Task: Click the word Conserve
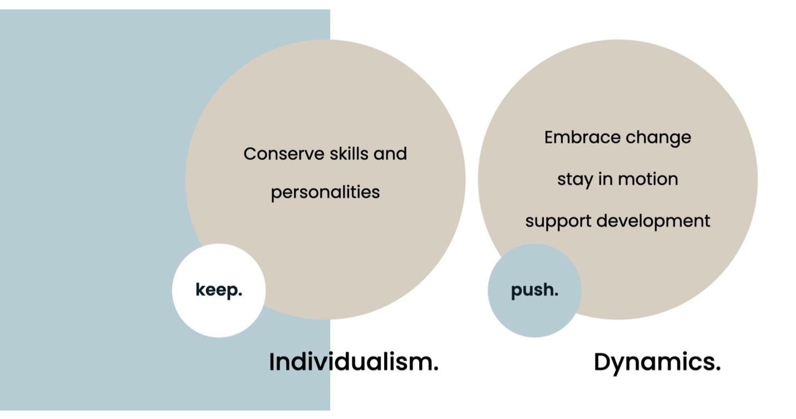(x=284, y=154)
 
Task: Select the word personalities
(x=325, y=193)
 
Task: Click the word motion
(x=648, y=179)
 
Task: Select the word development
(x=653, y=221)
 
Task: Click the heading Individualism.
(x=353, y=362)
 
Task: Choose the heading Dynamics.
(x=657, y=363)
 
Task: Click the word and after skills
(x=390, y=154)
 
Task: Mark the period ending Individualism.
(x=435, y=369)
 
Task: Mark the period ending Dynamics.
(x=717, y=369)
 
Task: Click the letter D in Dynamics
(x=603, y=362)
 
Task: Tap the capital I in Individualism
(x=272, y=362)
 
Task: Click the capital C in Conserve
(x=250, y=154)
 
